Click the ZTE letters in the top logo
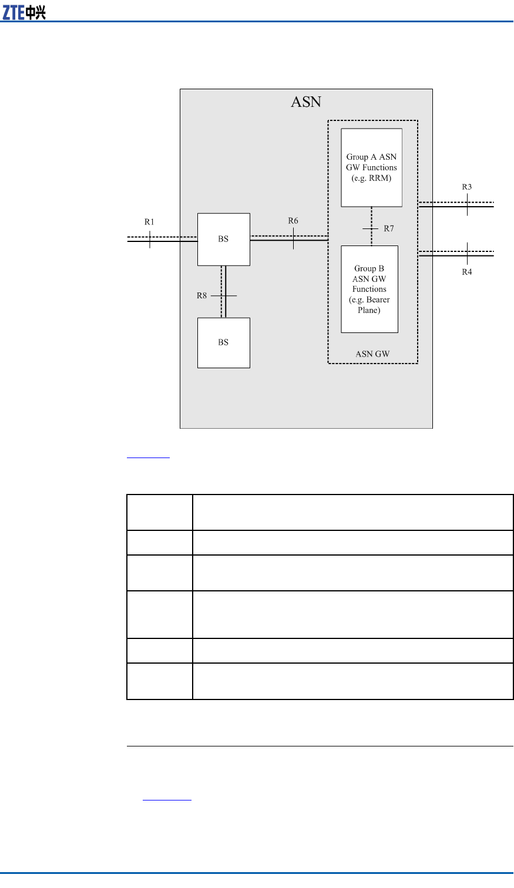point(14,12)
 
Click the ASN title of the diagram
point(306,102)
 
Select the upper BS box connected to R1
point(223,239)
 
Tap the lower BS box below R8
point(223,342)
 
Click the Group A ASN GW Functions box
point(371,167)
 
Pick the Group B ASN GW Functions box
point(369,289)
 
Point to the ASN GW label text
point(372,354)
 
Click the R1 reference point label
point(149,222)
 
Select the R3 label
point(466,187)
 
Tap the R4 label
point(466,272)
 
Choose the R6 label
point(293,221)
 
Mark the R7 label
point(388,228)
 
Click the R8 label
point(201,295)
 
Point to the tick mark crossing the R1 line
point(150,239)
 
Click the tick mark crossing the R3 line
point(467,205)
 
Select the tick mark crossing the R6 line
point(293,238)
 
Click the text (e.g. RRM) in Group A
point(371,179)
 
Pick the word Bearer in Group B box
point(378,300)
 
